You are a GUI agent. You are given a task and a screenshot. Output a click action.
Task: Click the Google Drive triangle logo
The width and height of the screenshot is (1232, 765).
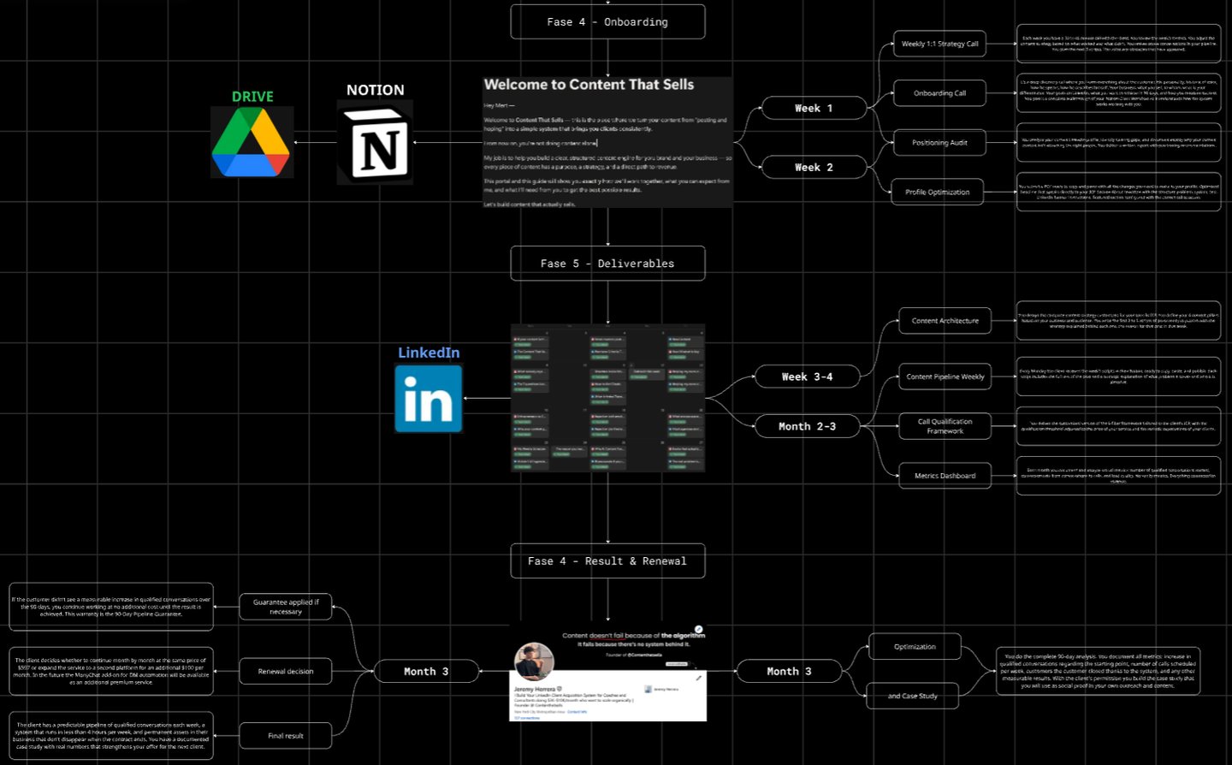[x=252, y=143]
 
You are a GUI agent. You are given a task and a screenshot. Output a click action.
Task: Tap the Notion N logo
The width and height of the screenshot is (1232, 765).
[x=376, y=143]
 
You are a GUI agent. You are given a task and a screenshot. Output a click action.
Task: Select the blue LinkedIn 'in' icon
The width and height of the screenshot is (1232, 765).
[x=429, y=399]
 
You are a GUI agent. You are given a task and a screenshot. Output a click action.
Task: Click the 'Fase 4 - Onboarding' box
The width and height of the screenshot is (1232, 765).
[x=607, y=22]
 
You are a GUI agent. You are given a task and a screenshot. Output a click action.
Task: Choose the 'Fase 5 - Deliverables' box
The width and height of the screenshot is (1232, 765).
[x=607, y=264]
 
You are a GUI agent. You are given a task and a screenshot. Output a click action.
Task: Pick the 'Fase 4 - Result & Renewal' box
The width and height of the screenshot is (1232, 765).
[x=607, y=561]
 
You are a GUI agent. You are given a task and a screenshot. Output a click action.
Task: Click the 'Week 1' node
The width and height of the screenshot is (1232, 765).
[x=813, y=109]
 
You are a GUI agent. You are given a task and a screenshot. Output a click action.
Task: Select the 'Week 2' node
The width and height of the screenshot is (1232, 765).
[x=813, y=168]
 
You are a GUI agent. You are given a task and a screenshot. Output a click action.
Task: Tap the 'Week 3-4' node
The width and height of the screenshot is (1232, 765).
[x=807, y=377]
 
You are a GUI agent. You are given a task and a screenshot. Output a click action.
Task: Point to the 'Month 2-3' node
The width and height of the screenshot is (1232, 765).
[x=807, y=426]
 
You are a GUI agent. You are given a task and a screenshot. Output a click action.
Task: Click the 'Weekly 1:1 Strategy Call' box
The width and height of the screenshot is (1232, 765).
[x=939, y=44]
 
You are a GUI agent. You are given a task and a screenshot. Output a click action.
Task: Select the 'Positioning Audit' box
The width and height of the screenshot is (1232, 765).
[x=939, y=143]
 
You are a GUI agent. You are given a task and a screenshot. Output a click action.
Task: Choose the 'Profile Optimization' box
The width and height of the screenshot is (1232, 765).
[x=938, y=192]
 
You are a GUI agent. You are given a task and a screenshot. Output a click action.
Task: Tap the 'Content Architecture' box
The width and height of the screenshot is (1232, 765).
[x=945, y=321]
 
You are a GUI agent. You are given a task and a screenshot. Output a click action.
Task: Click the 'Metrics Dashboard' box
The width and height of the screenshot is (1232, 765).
[x=945, y=476]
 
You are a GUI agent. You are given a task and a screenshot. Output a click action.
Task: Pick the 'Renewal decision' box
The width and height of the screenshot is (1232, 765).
[x=286, y=672]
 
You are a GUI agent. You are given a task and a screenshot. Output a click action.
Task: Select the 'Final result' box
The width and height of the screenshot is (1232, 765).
[x=286, y=736]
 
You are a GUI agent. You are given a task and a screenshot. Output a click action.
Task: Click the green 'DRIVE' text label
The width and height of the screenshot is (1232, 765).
[x=252, y=97]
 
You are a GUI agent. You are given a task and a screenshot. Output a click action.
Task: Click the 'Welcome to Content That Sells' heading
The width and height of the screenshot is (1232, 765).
[x=589, y=85]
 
